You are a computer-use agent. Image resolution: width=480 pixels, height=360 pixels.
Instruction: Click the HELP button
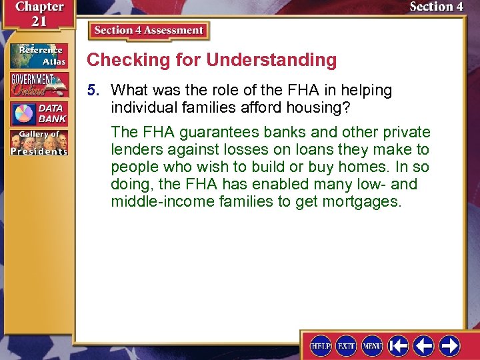(321, 346)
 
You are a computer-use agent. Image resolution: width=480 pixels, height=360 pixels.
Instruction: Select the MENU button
(372, 346)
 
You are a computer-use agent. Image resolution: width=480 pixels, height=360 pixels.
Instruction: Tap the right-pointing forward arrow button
(450, 346)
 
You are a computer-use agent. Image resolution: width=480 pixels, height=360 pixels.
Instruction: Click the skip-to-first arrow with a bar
(399, 346)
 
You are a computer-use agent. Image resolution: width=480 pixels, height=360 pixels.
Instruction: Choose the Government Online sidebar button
(39, 85)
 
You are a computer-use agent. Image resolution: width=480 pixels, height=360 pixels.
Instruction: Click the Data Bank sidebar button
(39, 114)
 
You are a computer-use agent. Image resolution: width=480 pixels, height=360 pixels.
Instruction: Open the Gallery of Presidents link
(39, 143)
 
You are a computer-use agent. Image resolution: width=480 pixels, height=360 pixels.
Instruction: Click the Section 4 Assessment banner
(149, 31)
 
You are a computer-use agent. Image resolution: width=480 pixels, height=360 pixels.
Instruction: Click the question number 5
(96, 90)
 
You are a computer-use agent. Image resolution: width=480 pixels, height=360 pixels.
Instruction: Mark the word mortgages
(362, 201)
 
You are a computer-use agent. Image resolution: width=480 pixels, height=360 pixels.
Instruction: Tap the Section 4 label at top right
(436, 7)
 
